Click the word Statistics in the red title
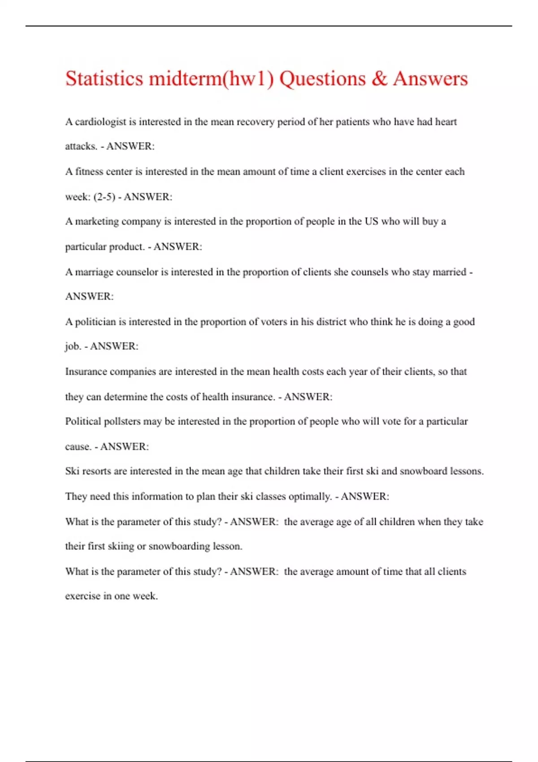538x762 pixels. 104,79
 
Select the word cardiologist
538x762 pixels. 100,122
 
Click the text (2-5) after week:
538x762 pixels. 104,197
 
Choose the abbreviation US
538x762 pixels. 371,221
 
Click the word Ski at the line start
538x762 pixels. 72,471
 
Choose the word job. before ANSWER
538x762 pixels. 73,346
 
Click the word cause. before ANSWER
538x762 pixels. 78,446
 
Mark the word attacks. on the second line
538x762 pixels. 81,146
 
